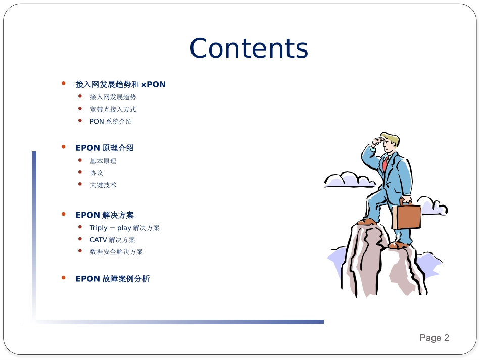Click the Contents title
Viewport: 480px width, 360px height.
coord(249,48)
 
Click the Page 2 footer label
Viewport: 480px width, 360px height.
coord(434,338)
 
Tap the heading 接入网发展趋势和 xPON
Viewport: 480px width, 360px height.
coord(120,84)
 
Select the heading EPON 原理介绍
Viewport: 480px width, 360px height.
coord(105,148)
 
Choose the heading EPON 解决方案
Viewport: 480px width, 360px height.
coord(105,215)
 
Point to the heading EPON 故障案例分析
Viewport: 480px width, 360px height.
coord(112,279)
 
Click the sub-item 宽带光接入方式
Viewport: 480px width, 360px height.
coord(113,109)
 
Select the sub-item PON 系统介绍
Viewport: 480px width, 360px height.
coord(111,121)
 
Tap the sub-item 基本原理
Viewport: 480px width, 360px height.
coord(103,161)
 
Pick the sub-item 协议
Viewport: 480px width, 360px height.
coord(96,173)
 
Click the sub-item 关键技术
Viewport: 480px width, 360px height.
coord(103,185)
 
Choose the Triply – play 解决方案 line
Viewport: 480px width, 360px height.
coord(124,228)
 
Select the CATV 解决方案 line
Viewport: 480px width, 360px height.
coord(112,240)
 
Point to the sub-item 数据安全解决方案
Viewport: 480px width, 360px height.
coord(116,252)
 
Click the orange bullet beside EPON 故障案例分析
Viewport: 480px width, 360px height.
coord(63,278)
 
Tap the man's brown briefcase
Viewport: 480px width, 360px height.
coord(407,215)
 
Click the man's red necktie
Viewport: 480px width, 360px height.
coord(385,163)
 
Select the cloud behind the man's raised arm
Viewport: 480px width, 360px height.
coord(350,180)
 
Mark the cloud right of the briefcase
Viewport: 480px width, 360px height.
coord(433,205)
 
